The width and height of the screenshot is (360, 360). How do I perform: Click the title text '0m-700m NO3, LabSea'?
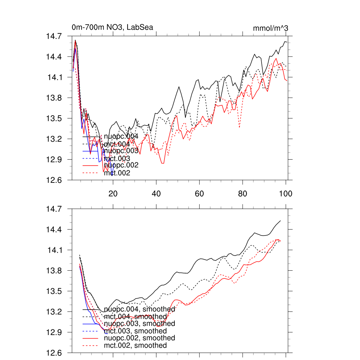click(x=112, y=27)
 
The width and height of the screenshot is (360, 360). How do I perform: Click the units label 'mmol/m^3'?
click(x=270, y=28)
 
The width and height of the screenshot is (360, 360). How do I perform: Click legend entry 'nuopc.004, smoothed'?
click(x=139, y=309)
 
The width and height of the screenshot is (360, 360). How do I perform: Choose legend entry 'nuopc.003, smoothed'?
click(x=139, y=323)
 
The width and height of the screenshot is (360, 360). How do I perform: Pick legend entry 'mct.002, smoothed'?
click(x=135, y=346)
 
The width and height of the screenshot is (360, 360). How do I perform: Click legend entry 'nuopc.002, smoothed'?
click(x=139, y=338)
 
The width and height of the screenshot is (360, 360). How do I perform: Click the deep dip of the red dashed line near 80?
click(x=239, y=127)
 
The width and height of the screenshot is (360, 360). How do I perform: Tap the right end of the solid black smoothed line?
click(x=280, y=221)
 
